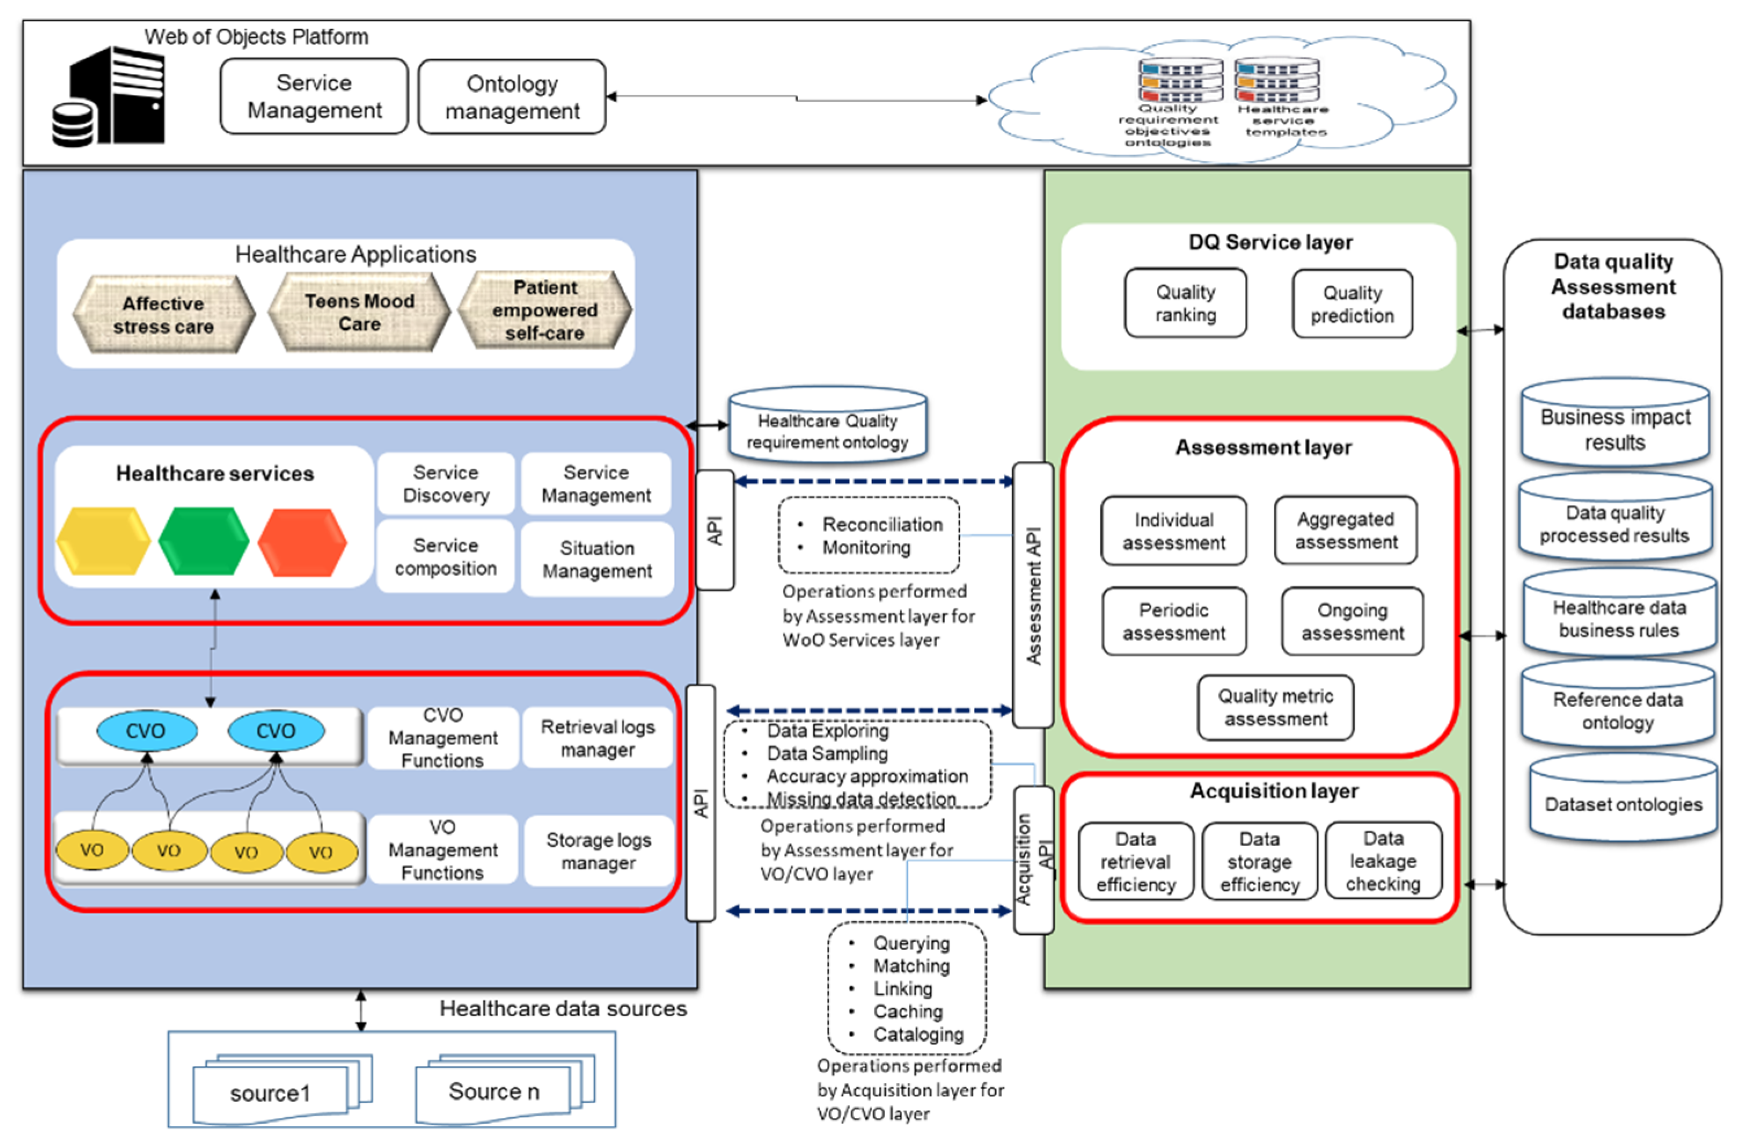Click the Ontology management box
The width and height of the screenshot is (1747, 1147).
(512, 97)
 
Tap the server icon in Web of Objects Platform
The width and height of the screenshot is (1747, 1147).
(110, 97)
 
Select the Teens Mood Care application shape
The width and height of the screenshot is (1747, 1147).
(359, 313)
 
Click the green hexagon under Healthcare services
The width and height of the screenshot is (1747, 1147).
(203, 541)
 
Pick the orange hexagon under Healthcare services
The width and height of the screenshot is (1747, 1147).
(302, 543)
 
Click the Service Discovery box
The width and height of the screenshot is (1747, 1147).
(445, 483)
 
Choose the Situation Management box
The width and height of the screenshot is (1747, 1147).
(597, 559)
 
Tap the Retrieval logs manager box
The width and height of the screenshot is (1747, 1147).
(598, 738)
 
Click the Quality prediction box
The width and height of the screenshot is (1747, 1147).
(1352, 304)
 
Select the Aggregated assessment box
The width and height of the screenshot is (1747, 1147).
(1346, 530)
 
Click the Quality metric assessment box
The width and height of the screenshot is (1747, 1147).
(1276, 708)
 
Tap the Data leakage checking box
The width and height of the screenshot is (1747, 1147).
(1383, 861)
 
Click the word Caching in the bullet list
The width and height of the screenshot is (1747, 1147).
(907, 1012)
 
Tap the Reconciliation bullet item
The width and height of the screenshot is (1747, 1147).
(881, 524)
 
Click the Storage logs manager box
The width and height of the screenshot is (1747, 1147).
(598, 851)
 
